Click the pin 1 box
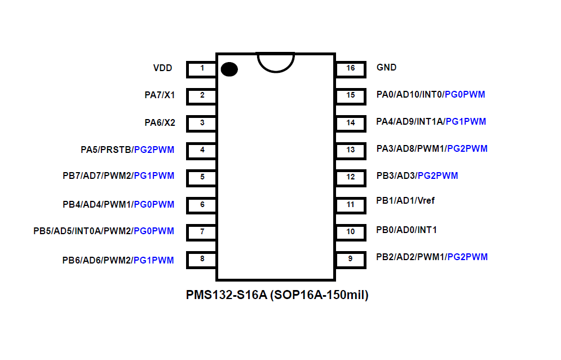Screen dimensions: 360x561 click(202, 69)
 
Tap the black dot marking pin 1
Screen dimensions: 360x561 click(229, 69)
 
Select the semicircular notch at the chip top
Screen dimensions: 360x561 click(276, 62)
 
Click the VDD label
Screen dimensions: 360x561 click(162, 68)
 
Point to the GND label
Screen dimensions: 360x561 click(386, 68)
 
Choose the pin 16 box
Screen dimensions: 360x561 click(351, 68)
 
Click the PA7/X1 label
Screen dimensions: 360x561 click(160, 95)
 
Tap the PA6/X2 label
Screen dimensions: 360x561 click(160, 122)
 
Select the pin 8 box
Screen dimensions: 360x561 click(202, 260)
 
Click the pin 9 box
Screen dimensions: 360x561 click(351, 259)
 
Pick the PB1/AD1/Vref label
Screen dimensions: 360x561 click(405, 201)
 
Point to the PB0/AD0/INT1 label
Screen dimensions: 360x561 click(407, 230)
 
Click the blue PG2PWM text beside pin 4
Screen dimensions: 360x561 click(154, 150)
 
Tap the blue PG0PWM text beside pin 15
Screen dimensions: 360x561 click(465, 95)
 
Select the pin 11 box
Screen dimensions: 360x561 click(351, 204)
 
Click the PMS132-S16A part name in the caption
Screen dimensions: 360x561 click(226, 295)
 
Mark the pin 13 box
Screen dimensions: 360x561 click(351, 150)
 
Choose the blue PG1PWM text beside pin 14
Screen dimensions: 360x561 click(465, 122)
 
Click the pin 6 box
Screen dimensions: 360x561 click(202, 204)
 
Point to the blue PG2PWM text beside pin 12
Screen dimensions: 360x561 click(438, 176)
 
